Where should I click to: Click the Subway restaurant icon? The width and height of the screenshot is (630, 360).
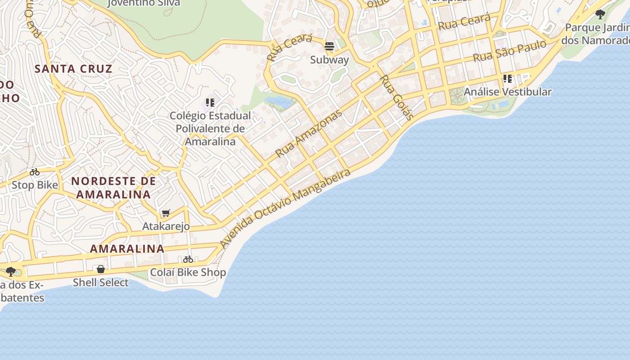tap(329, 46)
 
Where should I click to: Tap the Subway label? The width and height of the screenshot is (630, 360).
tap(329, 59)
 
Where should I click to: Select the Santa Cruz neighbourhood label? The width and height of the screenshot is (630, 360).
tap(73, 69)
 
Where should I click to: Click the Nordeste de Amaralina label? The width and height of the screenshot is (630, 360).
tap(113, 188)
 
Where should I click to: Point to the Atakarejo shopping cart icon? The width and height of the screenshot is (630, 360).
tap(166, 213)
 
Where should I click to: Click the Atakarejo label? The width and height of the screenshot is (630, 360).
tap(166, 226)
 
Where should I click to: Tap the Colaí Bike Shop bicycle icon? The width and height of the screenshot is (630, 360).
tap(188, 259)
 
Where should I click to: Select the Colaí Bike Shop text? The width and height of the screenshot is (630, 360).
tap(188, 272)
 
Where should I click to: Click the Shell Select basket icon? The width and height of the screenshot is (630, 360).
tap(101, 269)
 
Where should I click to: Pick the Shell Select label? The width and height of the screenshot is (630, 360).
tap(101, 283)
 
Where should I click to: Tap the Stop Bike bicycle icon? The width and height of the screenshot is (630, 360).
tap(35, 172)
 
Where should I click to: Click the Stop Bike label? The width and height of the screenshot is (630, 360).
tap(35, 185)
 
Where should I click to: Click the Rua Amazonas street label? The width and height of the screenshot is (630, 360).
tap(309, 133)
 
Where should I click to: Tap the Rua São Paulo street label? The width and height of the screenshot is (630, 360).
tap(509, 51)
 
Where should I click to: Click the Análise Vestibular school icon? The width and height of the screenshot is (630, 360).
tap(508, 79)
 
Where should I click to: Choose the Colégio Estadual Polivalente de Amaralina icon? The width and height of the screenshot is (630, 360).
tap(210, 103)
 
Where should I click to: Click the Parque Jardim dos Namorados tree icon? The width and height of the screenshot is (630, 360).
tap(600, 14)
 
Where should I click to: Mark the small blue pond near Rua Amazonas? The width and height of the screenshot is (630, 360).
tap(278, 102)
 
